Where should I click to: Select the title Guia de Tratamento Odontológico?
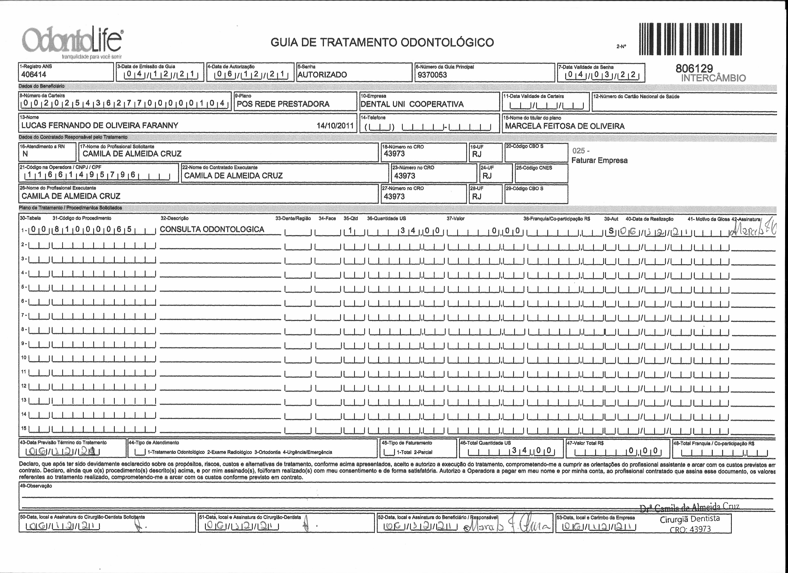pos(382,42)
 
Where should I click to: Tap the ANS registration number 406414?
pos(34,74)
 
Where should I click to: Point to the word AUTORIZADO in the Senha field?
pos(322,75)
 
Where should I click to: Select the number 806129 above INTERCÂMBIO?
pos(694,69)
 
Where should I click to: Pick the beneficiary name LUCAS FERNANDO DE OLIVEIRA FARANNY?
pos(100,126)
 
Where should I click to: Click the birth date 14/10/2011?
pos(335,126)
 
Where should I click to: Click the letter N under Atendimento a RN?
pos(25,154)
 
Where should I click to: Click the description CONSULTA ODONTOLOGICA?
pos(212,229)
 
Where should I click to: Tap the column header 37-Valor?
pos(455,219)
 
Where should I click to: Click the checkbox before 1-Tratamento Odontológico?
pos(140,452)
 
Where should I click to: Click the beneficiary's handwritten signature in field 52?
pos(508,527)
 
